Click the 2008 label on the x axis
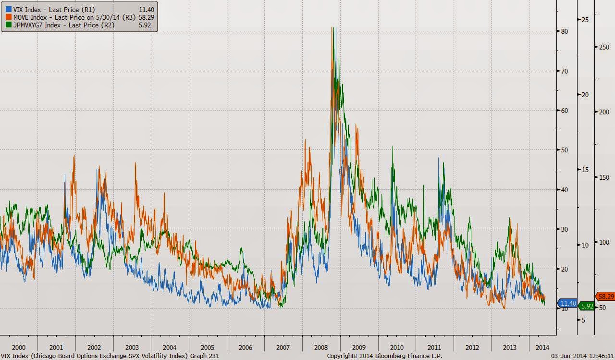click(x=321, y=348)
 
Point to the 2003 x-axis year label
click(x=132, y=348)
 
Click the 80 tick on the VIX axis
click(x=565, y=31)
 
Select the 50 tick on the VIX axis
click(x=565, y=150)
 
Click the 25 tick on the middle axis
click(x=585, y=19)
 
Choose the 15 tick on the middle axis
click(x=585, y=170)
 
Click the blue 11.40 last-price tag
click(x=568, y=303)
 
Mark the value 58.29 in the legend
click(x=146, y=17)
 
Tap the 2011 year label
click(x=434, y=348)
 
